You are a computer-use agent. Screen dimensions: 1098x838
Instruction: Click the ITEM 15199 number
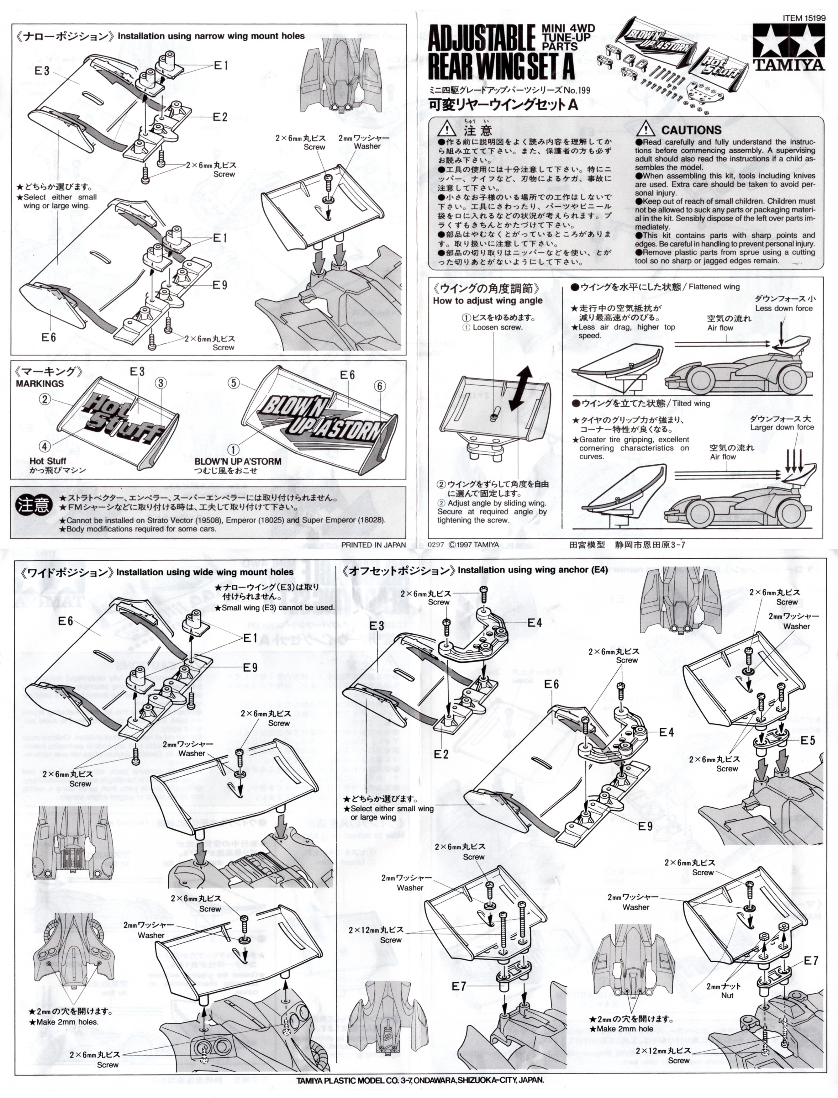pyautogui.click(x=804, y=18)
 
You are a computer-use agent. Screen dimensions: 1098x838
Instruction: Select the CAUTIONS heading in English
pyautogui.click(x=691, y=130)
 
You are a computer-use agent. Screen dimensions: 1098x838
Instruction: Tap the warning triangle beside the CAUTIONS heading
pyautogui.click(x=646, y=129)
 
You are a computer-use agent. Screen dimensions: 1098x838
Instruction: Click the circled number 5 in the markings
pyautogui.click(x=234, y=383)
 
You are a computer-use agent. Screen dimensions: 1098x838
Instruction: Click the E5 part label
pyautogui.click(x=808, y=740)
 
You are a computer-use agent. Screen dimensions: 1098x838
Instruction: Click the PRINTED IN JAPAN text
pyautogui.click(x=373, y=545)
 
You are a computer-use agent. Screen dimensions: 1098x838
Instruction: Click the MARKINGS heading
pyautogui.click(x=40, y=384)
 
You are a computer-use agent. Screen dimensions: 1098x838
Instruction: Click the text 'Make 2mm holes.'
pyautogui.click(x=67, y=1022)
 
